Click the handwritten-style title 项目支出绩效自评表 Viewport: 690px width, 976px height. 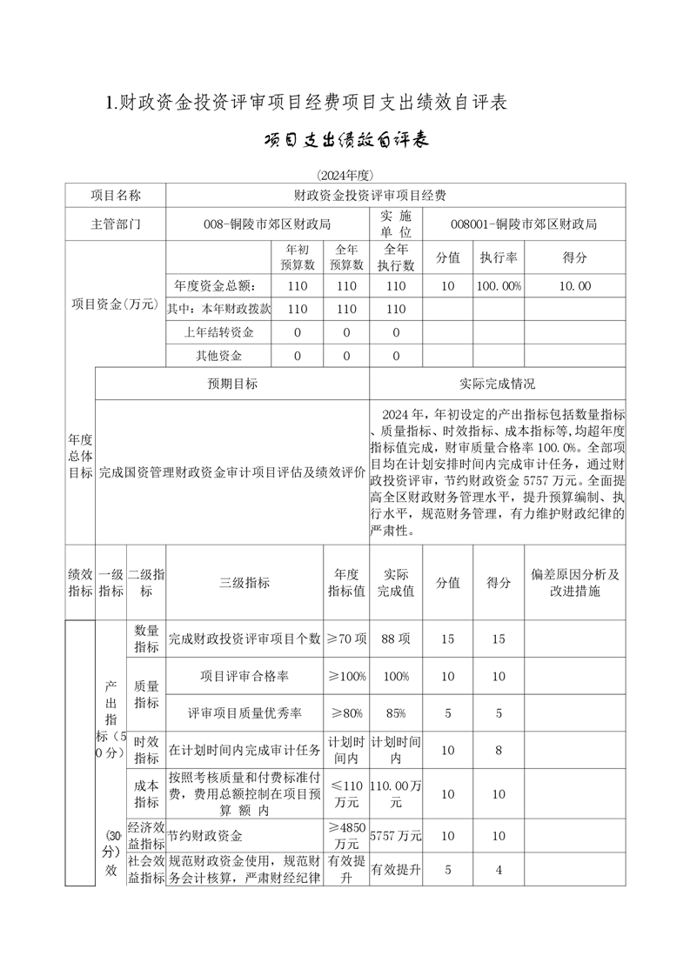(345, 141)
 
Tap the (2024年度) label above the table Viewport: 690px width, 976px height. (345, 175)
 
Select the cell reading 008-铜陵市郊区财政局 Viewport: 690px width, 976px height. (267, 224)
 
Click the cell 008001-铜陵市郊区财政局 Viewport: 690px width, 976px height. (524, 224)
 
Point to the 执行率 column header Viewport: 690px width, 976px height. (499, 258)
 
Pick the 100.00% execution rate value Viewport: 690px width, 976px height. (499, 285)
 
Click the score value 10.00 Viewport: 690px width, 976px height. (574, 285)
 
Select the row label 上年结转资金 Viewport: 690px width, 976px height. (218, 332)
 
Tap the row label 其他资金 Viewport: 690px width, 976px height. (218, 356)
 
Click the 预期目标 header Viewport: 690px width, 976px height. (232, 383)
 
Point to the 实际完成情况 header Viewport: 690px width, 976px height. (498, 383)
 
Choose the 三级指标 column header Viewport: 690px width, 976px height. (245, 583)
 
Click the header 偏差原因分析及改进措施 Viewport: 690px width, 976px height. (574, 583)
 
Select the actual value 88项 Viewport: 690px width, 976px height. (396, 638)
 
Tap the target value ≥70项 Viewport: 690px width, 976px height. (346, 638)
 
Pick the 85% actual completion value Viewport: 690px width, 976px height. (396, 713)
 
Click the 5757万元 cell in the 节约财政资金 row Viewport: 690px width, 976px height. (396, 836)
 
